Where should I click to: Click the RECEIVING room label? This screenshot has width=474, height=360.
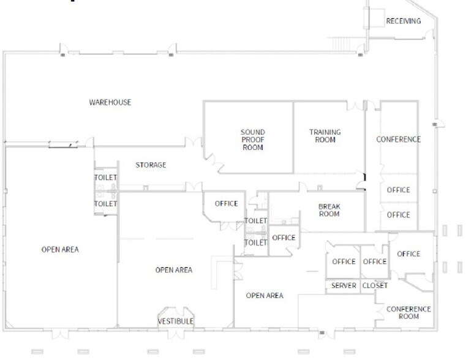pyautogui.click(x=404, y=21)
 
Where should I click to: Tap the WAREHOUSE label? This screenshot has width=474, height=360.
pyautogui.click(x=110, y=102)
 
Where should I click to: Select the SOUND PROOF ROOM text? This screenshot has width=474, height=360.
pyautogui.click(x=252, y=140)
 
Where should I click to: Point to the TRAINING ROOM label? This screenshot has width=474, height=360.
pyautogui.click(x=325, y=136)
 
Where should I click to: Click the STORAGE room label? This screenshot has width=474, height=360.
pyautogui.click(x=151, y=165)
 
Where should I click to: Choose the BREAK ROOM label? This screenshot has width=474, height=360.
pyautogui.click(x=329, y=211)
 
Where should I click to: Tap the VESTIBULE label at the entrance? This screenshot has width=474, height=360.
pyautogui.click(x=176, y=321)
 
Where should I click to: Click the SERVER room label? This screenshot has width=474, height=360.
pyautogui.click(x=344, y=286)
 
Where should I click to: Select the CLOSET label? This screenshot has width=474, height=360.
pyautogui.click(x=375, y=286)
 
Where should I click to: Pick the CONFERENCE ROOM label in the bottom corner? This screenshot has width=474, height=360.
pyautogui.click(x=408, y=313)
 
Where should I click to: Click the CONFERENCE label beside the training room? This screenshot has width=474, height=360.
pyautogui.click(x=398, y=140)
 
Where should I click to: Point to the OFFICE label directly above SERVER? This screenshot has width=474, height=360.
pyautogui.click(x=344, y=262)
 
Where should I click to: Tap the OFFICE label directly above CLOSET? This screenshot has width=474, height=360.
pyautogui.click(x=375, y=262)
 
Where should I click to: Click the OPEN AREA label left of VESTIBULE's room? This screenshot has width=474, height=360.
pyautogui.click(x=60, y=250)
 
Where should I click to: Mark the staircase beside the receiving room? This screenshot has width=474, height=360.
pyautogui.click(x=340, y=44)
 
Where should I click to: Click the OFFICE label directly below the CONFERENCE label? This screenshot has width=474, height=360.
pyautogui.click(x=398, y=190)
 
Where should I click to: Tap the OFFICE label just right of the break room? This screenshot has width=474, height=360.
pyautogui.click(x=398, y=215)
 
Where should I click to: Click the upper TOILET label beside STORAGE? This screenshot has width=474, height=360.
pyautogui.click(x=105, y=178)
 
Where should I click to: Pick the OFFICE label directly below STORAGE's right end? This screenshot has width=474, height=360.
pyautogui.click(x=226, y=204)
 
